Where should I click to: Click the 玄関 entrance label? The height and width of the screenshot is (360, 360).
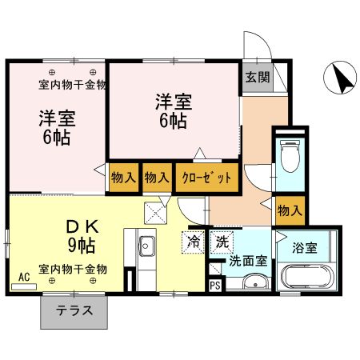pyautogui.click(x=257, y=78)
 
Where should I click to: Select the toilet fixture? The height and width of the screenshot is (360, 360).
pyautogui.click(x=289, y=152)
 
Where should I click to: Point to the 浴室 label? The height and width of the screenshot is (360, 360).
pyautogui.click(x=304, y=248)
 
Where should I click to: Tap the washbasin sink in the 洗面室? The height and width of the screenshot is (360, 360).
pyautogui.click(x=254, y=282)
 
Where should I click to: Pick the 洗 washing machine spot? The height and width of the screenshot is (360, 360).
pyautogui.click(x=220, y=239)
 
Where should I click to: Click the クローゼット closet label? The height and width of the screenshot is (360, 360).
pyautogui.click(x=206, y=177)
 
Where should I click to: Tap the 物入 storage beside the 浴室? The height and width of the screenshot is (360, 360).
pyautogui.click(x=289, y=210)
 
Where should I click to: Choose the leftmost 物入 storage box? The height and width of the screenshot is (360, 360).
pyautogui.click(x=123, y=177)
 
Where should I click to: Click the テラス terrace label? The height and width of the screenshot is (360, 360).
pyautogui.click(x=74, y=312)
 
